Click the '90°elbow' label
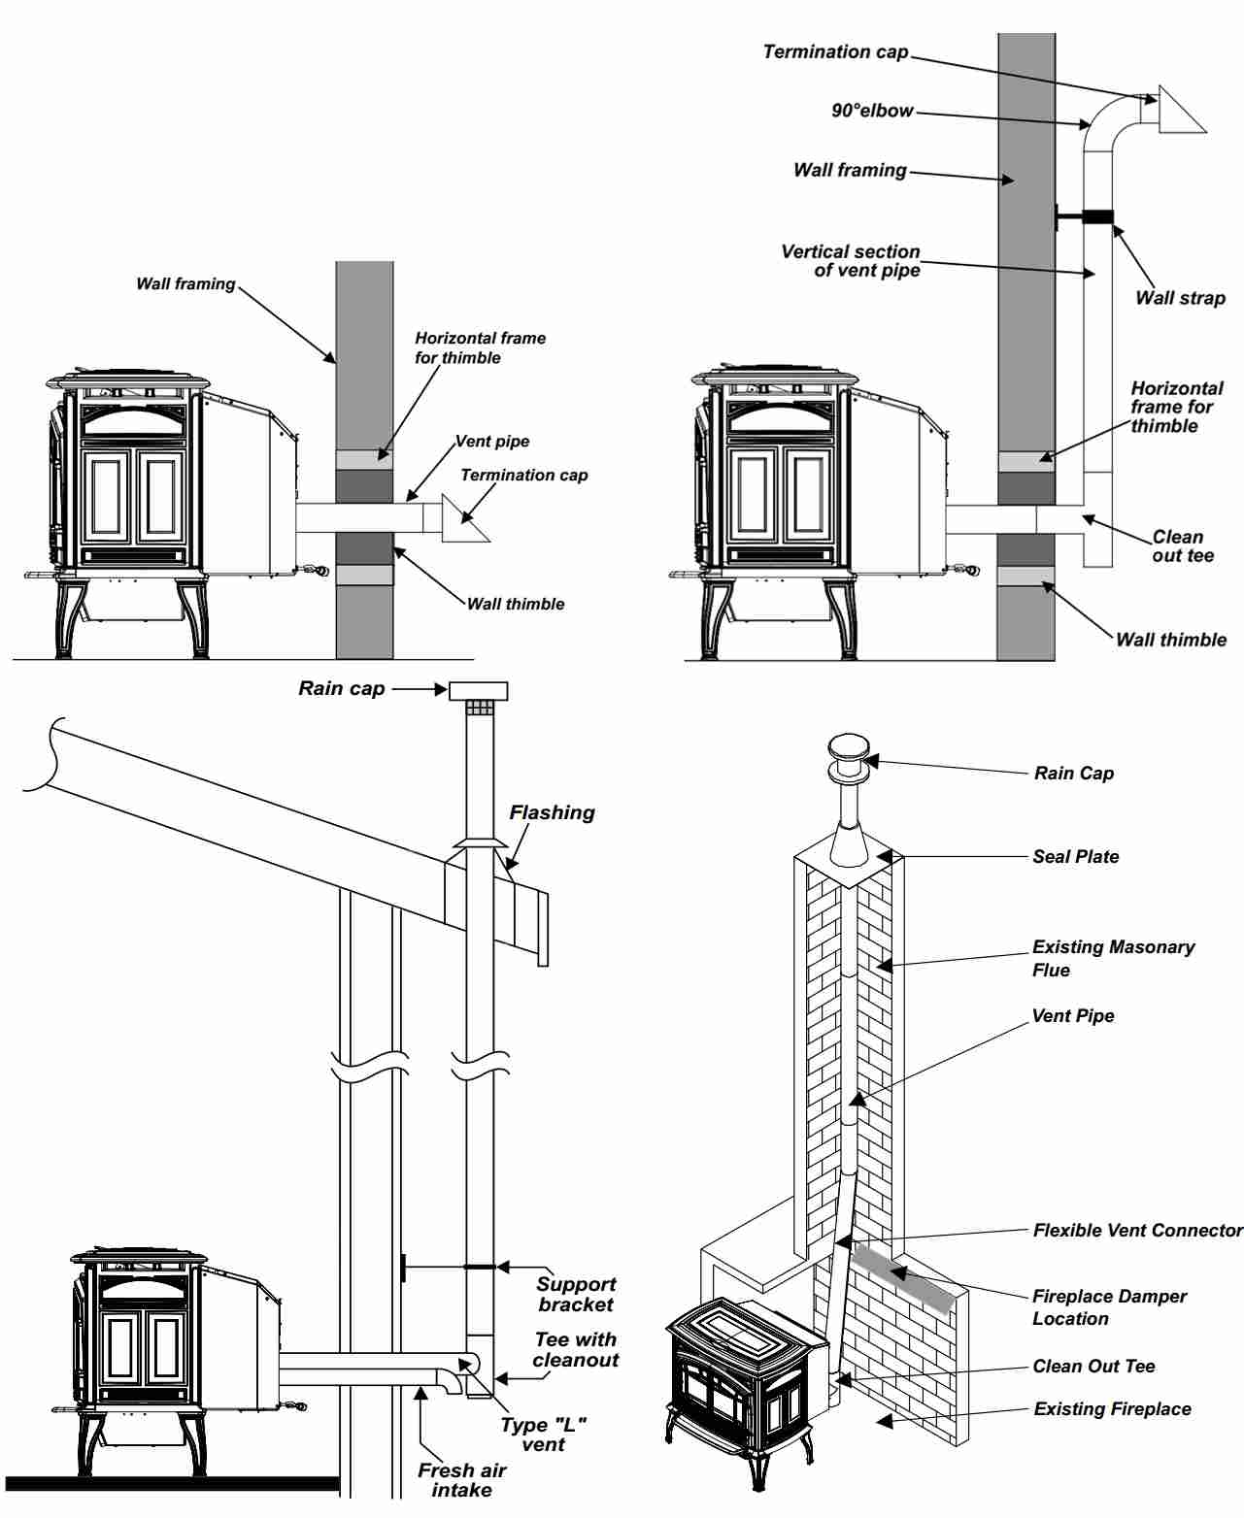(x=872, y=111)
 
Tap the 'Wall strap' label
(x=1180, y=298)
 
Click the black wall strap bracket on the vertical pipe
(x=1096, y=216)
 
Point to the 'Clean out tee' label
(x=1182, y=545)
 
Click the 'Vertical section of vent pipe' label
(x=851, y=260)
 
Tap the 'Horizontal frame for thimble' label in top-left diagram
(x=480, y=347)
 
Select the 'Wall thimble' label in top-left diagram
(x=515, y=604)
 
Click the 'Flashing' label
(x=552, y=812)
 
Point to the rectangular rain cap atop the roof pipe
(x=478, y=690)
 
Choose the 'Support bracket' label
(x=576, y=1294)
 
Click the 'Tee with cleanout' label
(x=575, y=1349)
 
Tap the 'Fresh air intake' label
(x=461, y=1479)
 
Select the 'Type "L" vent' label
(x=543, y=1434)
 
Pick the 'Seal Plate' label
(x=1075, y=856)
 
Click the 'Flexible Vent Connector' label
(x=1137, y=1230)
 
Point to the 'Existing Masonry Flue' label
(x=1113, y=958)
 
